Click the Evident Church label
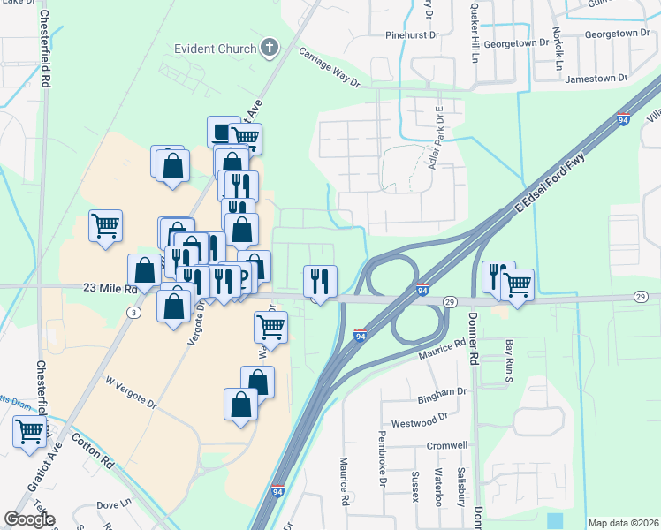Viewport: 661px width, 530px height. click(x=215, y=49)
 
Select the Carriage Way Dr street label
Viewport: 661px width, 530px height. click(x=330, y=68)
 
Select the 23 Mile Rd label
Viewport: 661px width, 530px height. click(x=110, y=288)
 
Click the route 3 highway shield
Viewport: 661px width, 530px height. click(x=133, y=312)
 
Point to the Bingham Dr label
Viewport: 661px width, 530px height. click(x=449, y=390)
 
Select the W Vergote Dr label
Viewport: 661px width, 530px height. click(x=131, y=391)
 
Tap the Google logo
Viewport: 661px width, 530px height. click(x=29, y=519)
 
